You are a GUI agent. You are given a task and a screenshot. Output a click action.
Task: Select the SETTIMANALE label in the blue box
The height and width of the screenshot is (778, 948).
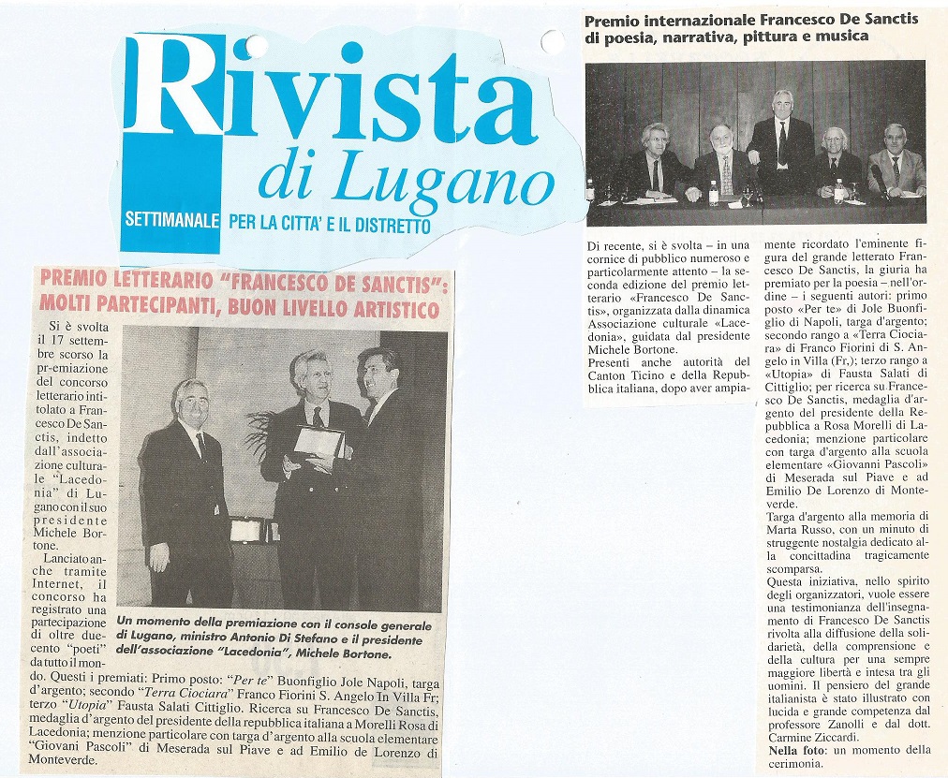pos(173,223)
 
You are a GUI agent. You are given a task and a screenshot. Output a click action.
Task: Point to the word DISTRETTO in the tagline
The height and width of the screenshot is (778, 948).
pos(389,225)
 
